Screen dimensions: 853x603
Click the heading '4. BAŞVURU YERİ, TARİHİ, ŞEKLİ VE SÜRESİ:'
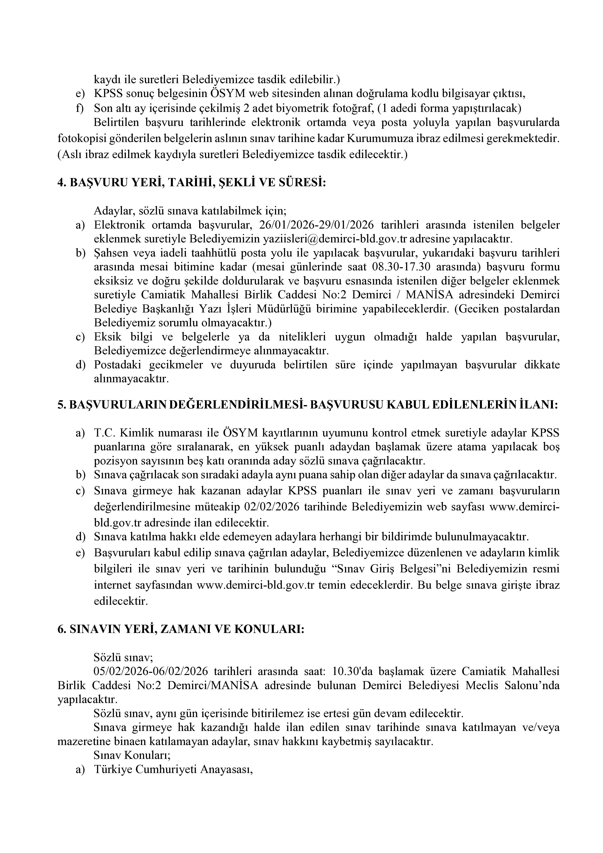coord(192,183)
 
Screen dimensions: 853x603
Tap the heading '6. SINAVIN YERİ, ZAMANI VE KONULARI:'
coord(181,629)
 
